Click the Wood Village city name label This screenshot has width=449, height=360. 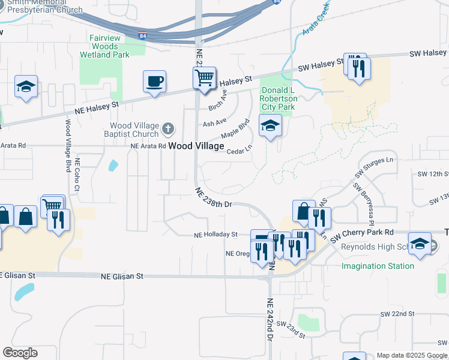[x=196, y=146]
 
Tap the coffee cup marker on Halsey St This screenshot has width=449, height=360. [x=154, y=81]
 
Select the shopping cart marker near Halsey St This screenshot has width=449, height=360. [x=204, y=78]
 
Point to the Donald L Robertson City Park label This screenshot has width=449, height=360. [x=279, y=98]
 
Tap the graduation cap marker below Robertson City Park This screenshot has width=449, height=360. [x=270, y=126]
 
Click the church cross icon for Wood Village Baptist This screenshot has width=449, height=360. [x=168, y=128]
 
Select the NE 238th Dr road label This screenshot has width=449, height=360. [x=213, y=197]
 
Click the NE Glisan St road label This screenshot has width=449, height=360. [x=122, y=277]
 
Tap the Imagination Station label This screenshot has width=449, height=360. [x=378, y=266]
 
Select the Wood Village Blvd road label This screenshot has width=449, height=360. [x=68, y=146]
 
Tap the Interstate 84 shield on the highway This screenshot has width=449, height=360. [x=143, y=35]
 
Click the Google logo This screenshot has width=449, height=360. [x=20, y=353]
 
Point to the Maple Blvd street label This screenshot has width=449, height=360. [x=235, y=130]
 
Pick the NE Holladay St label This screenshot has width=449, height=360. [x=215, y=235]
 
